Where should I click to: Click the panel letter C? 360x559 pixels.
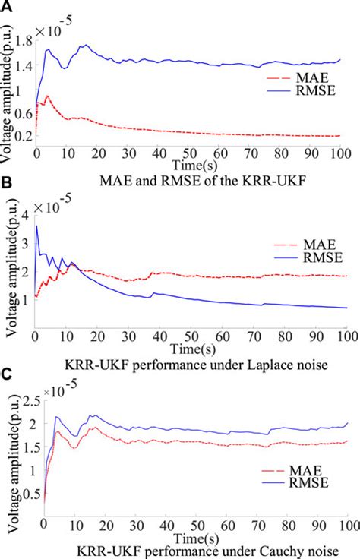click(x=6, y=374)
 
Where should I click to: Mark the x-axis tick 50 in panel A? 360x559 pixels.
click(x=191, y=152)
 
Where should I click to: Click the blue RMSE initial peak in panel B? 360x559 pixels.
click(x=36, y=226)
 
